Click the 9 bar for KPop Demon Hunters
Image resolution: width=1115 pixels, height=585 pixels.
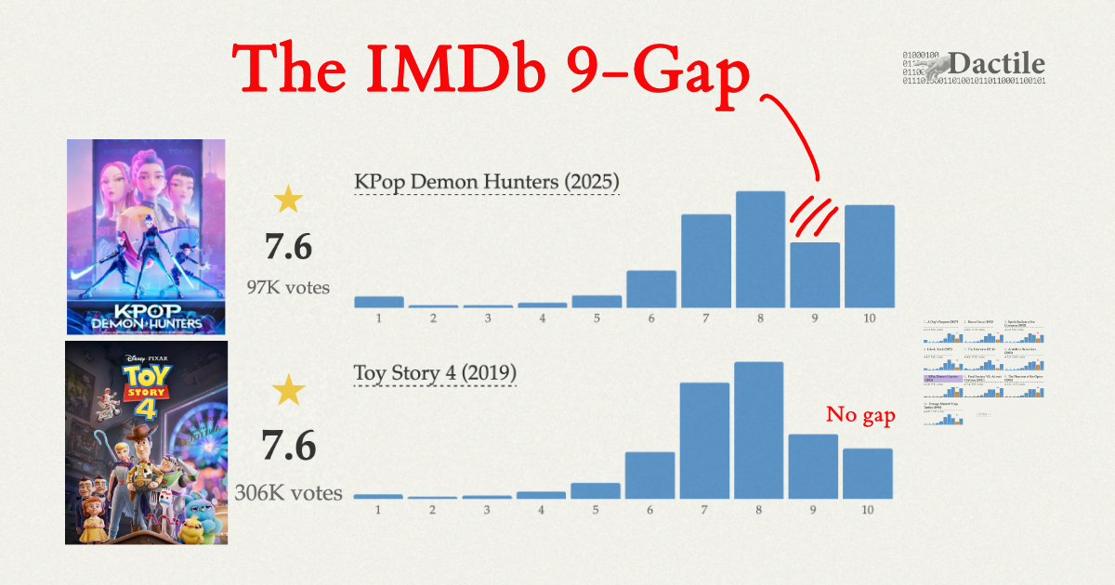point(815,275)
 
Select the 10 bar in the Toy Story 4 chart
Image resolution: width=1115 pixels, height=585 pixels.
point(868,474)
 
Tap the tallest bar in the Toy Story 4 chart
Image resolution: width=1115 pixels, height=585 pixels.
point(759,430)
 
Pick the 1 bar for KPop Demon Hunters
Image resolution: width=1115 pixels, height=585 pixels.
point(379,302)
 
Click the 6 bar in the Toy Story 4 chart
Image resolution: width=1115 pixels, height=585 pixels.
point(650,474)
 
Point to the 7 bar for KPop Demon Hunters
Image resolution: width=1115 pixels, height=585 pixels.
point(705,261)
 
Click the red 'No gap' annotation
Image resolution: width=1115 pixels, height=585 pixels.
point(860,415)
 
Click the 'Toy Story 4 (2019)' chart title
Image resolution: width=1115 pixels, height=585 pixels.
point(435,373)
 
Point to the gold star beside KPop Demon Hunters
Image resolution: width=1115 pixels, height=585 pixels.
point(288,200)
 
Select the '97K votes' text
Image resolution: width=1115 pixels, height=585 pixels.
point(288,288)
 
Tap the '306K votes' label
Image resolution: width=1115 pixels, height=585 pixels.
point(288,493)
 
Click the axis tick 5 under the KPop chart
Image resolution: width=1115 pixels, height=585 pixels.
point(597,319)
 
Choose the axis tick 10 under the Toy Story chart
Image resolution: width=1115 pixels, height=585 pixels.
point(868,511)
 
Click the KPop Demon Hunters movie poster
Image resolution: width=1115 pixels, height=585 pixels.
point(146,236)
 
